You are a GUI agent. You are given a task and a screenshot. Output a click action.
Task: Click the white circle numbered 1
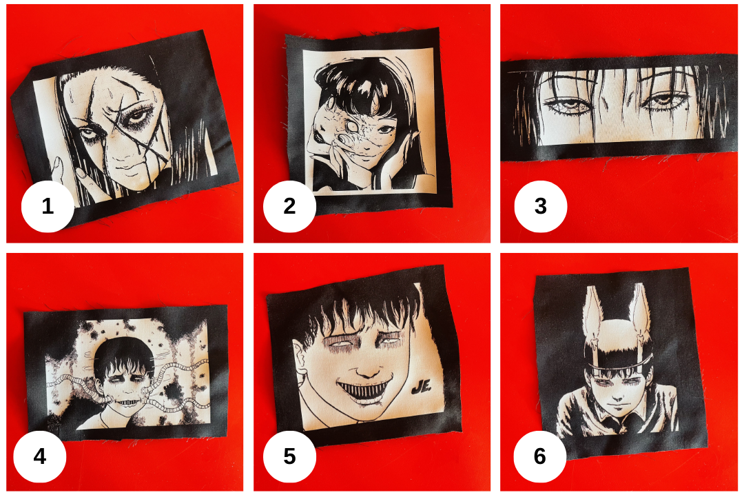(x=48, y=206)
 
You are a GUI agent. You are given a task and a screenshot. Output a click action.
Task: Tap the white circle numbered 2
(x=289, y=206)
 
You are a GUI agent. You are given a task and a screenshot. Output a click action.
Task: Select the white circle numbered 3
(x=541, y=206)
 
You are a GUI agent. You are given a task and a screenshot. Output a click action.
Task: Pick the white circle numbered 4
(x=40, y=456)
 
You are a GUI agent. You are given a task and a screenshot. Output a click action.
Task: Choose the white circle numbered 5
(x=289, y=456)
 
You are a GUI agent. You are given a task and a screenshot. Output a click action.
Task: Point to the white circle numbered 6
(x=540, y=456)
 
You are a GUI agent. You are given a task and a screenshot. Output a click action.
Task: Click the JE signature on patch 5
(x=421, y=387)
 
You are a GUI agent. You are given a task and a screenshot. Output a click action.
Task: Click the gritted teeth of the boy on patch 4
(x=125, y=403)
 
